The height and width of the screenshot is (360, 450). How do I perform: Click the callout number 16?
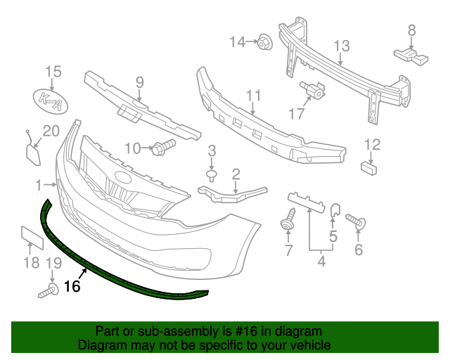pos(72,286)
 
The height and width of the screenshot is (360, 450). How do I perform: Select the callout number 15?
pos(53,72)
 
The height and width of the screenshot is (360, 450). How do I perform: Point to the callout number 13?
pos(341,46)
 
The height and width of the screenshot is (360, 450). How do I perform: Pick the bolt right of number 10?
pos(163,148)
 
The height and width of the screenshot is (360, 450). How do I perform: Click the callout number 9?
pos(139,82)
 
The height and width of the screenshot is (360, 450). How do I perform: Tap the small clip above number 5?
pos(335,210)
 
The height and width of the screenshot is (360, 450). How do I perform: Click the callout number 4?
pos(321,263)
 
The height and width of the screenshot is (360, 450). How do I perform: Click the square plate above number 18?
pos(32,238)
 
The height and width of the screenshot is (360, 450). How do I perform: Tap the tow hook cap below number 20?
pos(32,154)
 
